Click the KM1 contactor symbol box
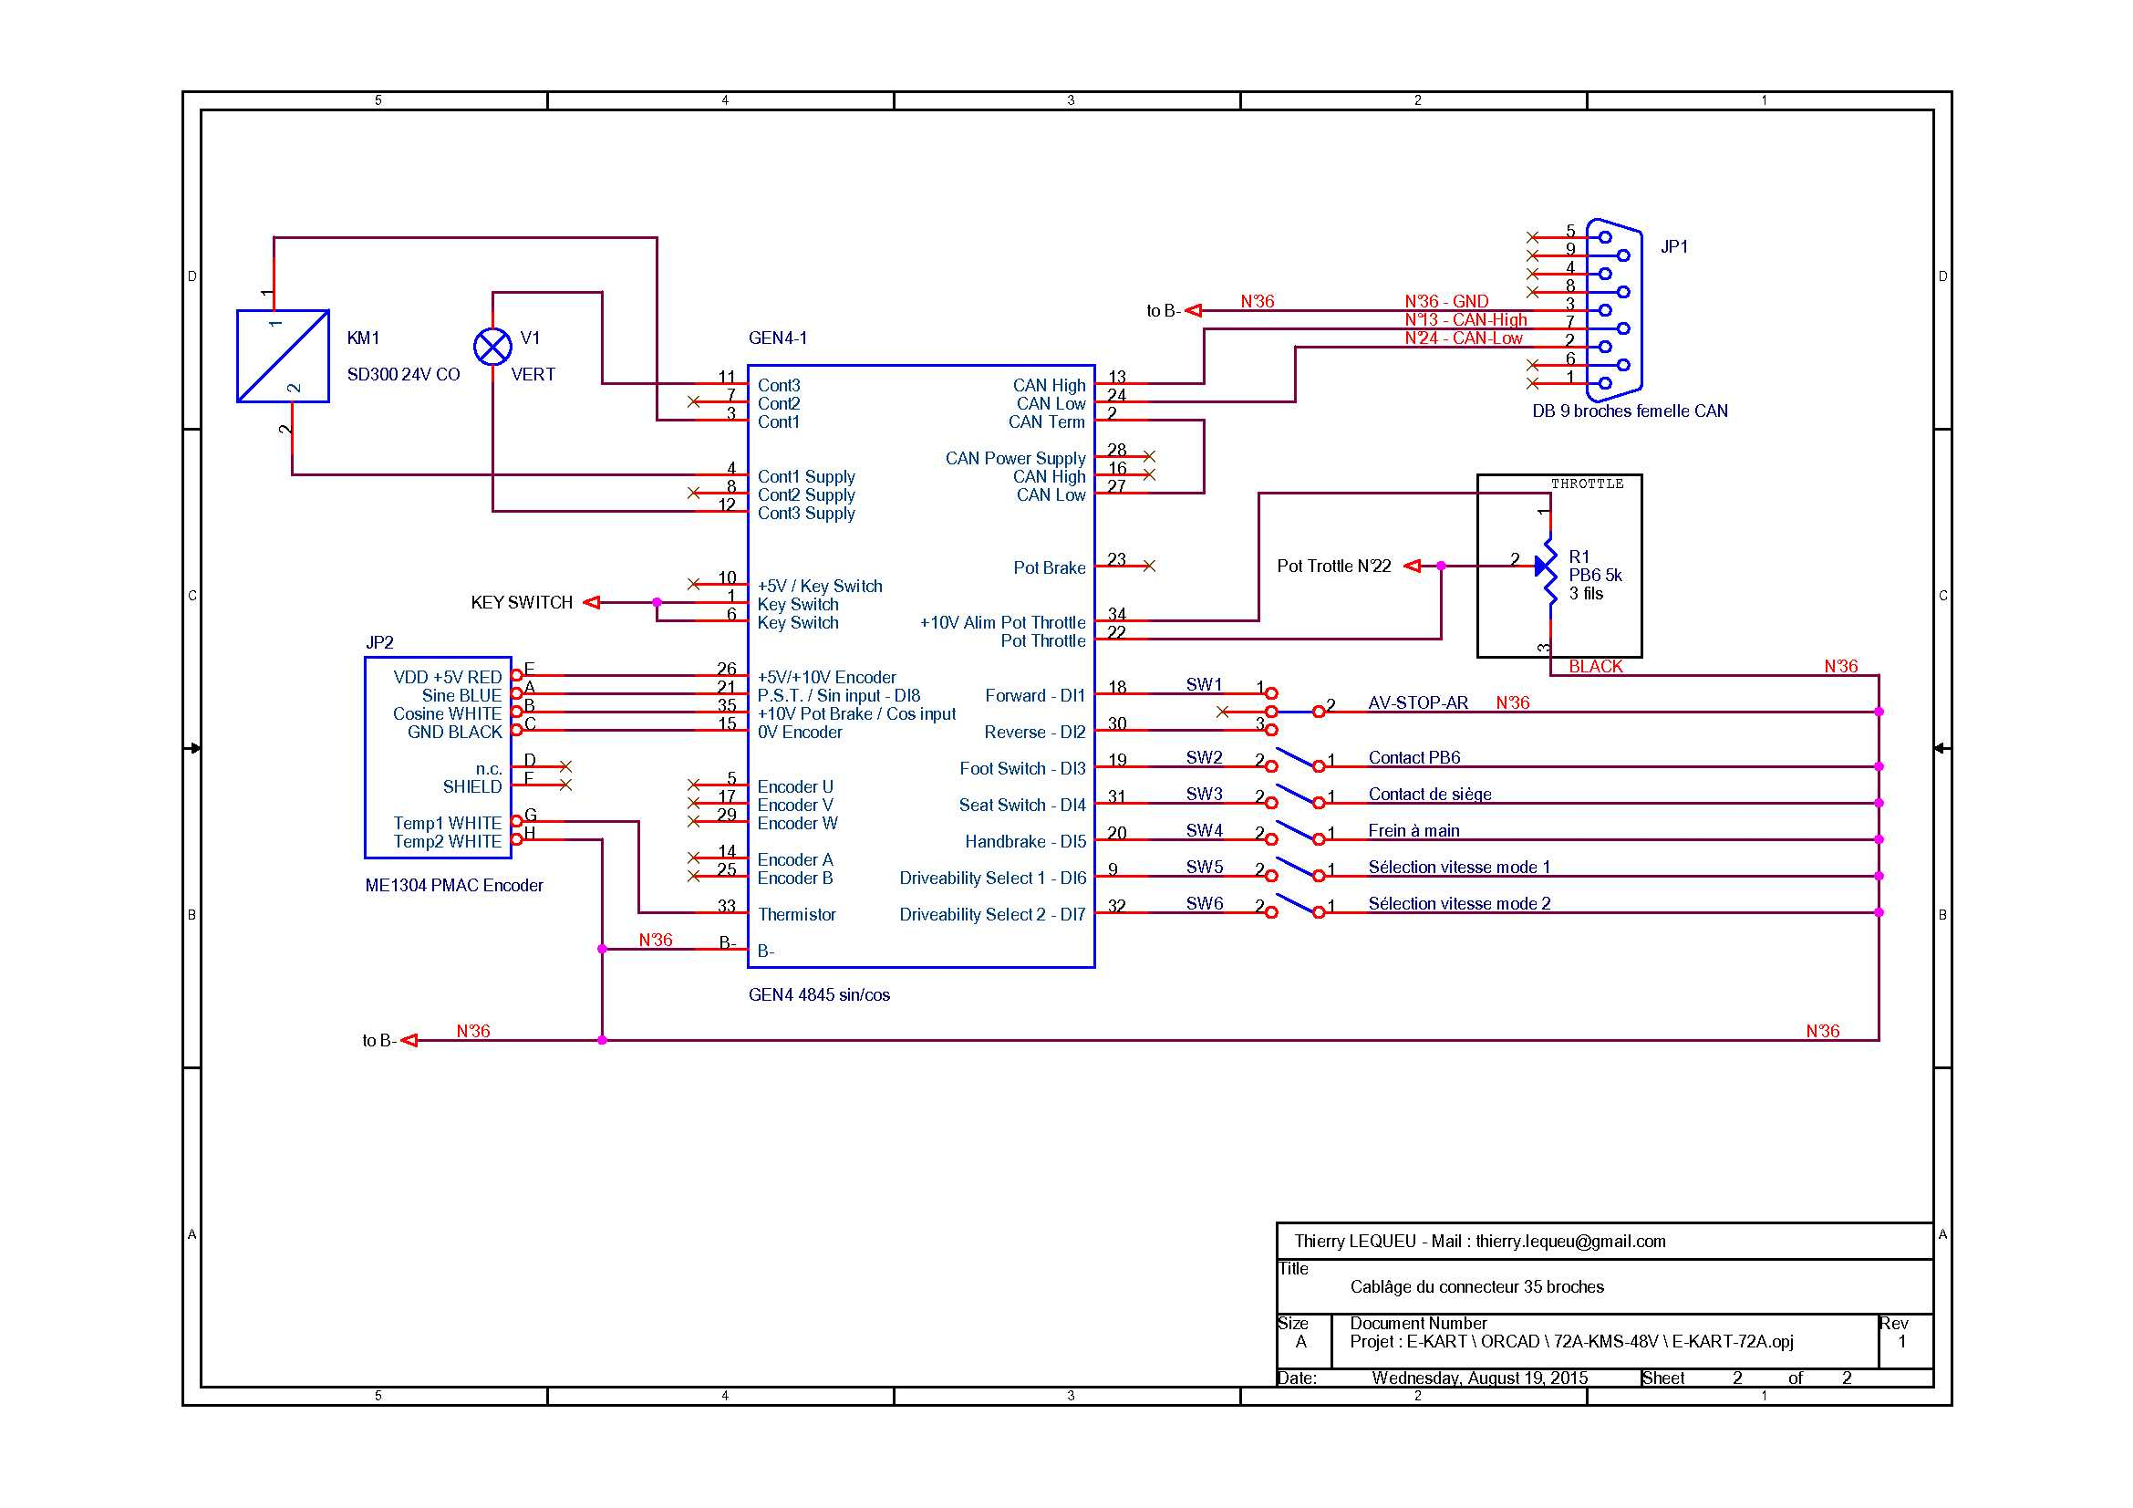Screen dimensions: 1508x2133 coord(283,356)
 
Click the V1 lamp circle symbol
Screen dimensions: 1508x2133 coord(492,347)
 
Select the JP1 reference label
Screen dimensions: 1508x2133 coord(1673,246)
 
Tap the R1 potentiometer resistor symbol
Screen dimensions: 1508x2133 coord(1548,566)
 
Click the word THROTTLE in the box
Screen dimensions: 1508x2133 coord(1587,484)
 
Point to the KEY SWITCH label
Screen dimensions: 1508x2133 coord(522,602)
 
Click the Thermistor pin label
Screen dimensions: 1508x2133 coord(796,914)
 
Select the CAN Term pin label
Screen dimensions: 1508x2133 coord(1046,421)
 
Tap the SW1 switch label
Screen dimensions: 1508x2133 coord(1204,685)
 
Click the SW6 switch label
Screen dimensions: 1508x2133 coord(1204,903)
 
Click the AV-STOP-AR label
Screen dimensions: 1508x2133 coord(1418,703)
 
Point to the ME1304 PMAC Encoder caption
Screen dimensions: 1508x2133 coord(453,886)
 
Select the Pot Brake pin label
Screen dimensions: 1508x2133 coord(1049,567)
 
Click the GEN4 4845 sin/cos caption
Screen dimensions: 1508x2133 coord(818,995)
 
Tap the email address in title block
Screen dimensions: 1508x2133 coord(1570,1242)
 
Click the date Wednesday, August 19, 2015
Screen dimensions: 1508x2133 coord(1479,1378)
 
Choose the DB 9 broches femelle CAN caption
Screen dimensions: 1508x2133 coord(1630,411)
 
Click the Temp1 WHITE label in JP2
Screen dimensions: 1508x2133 coord(447,823)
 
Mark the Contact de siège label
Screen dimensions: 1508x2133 coord(1429,795)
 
